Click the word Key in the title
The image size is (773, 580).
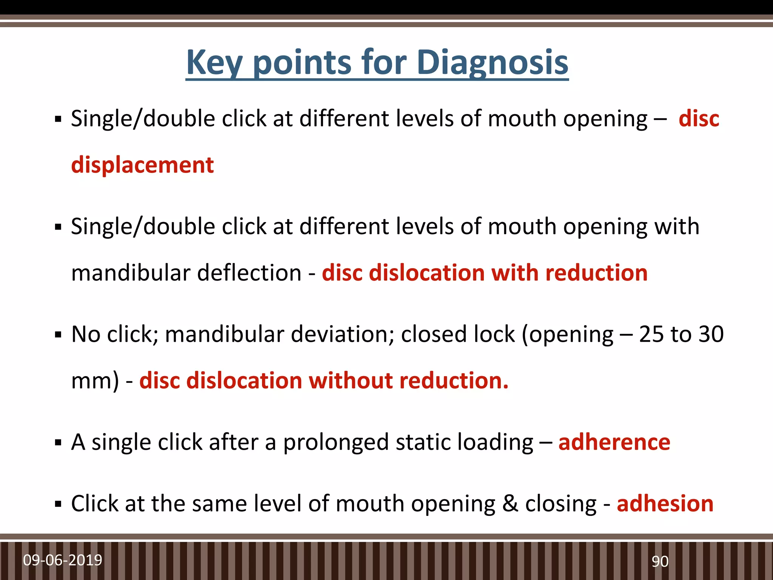(x=214, y=63)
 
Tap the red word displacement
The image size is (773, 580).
(x=142, y=165)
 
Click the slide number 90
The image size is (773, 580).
(x=660, y=561)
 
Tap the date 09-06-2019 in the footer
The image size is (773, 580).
(x=63, y=560)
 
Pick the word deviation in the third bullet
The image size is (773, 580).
(x=343, y=334)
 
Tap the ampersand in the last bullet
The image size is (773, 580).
(x=510, y=504)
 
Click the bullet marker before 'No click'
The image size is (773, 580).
(x=58, y=335)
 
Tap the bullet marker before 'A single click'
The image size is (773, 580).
(x=58, y=443)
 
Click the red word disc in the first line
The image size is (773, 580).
(x=699, y=119)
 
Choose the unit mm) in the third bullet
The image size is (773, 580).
(x=95, y=381)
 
